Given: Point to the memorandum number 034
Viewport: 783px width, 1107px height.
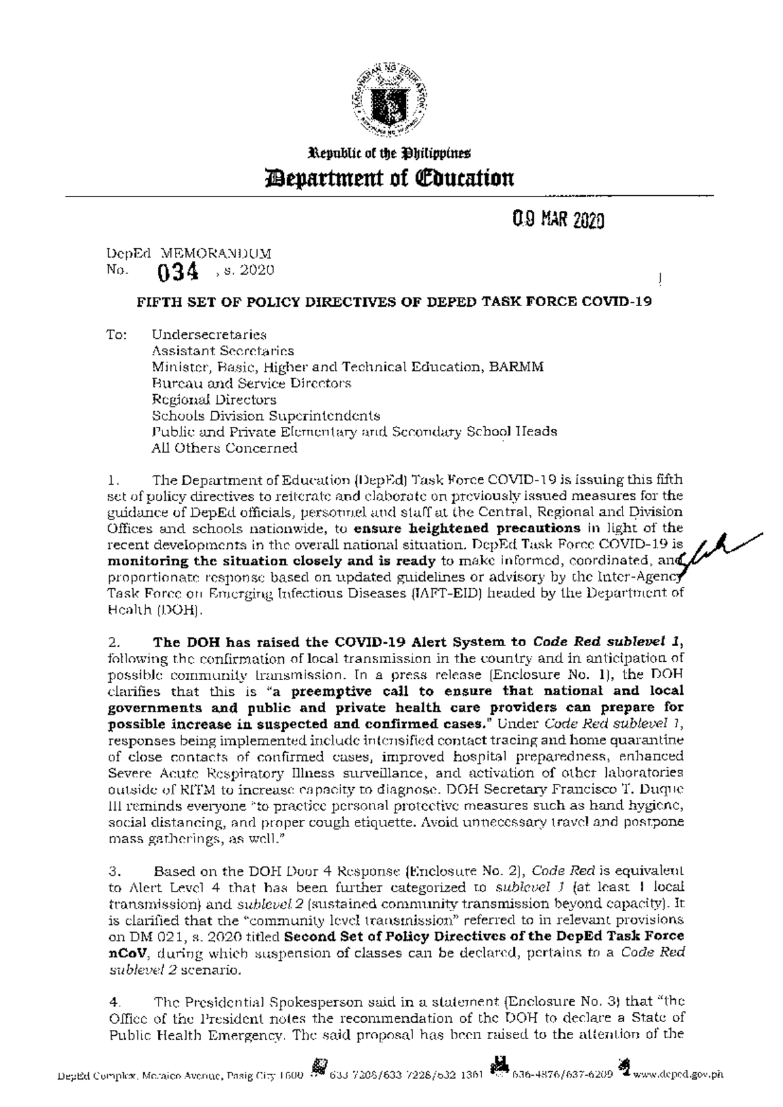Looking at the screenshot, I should (179, 273).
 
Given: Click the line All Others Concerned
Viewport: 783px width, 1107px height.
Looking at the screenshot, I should (224, 448).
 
